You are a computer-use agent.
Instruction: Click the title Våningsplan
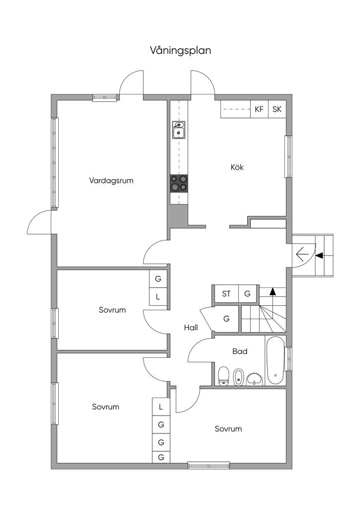pos(180,50)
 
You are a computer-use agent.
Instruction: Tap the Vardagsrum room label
pos(111,180)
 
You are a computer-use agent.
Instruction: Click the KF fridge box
pos(259,109)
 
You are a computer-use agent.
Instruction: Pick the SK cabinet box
pos(277,109)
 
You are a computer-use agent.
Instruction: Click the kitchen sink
pos(179,130)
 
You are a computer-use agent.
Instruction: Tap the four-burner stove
pos(179,183)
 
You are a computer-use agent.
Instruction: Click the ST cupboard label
pos(226,294)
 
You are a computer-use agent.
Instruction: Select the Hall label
pos(191,328)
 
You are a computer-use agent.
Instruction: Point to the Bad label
pos(240,351)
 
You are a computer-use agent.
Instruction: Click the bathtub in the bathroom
pos(275,360)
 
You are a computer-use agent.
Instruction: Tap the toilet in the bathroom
pos(223,375)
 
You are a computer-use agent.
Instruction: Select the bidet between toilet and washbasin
pos(239,376)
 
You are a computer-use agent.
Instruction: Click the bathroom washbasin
pos(255,378)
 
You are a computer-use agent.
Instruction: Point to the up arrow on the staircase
pos(272,291)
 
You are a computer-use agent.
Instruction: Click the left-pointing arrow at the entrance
pos(301,255)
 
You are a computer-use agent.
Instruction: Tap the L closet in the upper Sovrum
pos(158,297)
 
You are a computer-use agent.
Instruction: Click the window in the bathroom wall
pos(288,359)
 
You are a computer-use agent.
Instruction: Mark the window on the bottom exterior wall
pos(208,466)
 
